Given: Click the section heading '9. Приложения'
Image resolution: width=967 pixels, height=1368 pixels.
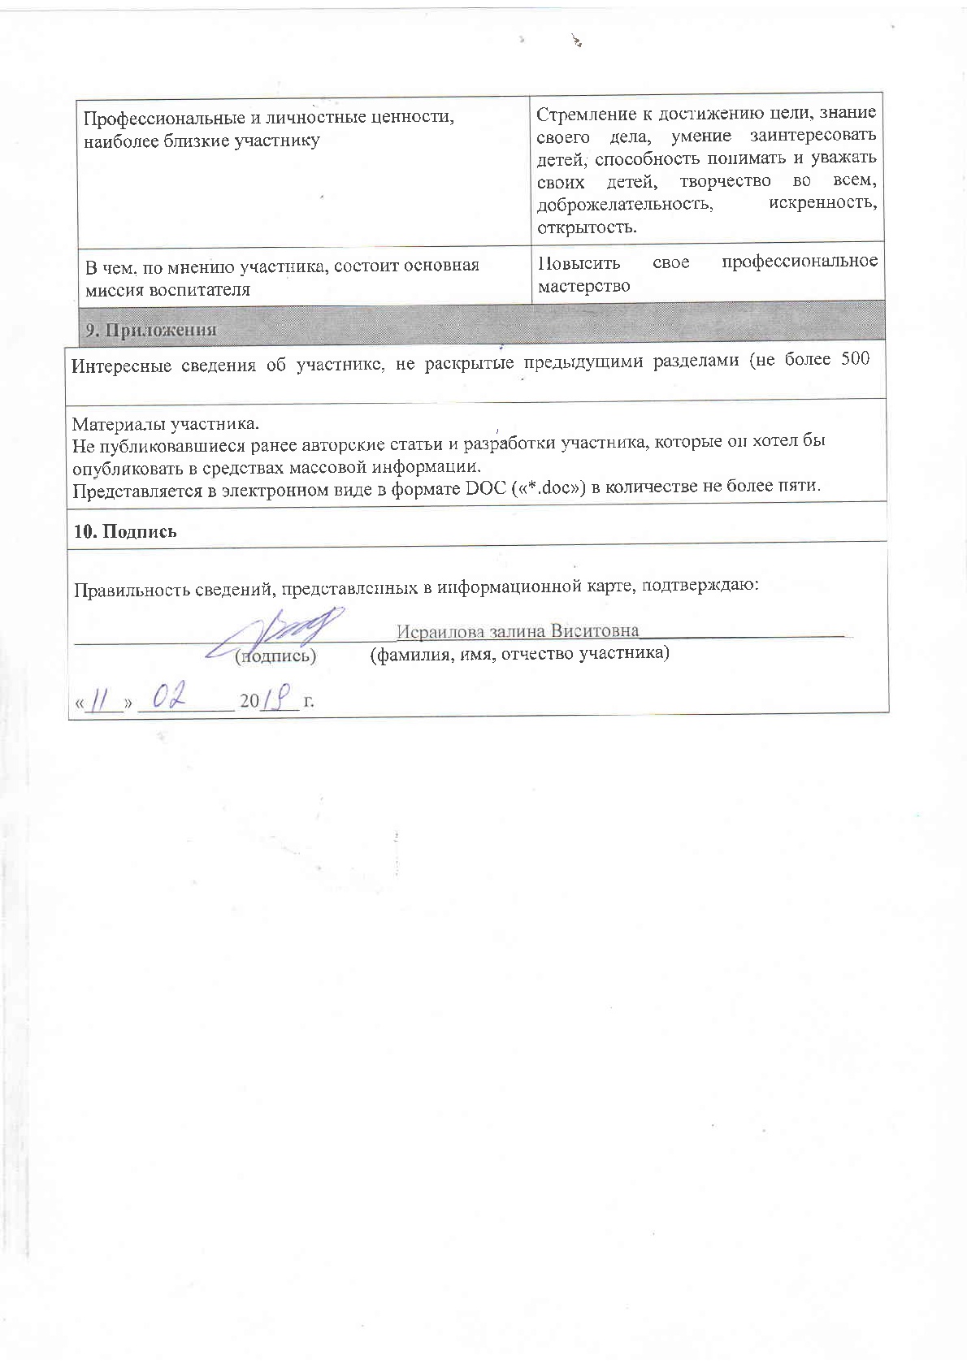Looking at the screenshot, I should [151, 330].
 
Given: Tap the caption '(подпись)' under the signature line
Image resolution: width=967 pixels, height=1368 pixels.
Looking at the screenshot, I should [275, 655].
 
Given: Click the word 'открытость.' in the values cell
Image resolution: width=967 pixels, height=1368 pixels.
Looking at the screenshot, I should [587, 227].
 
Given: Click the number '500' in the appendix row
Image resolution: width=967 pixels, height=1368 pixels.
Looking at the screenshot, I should [855, 361].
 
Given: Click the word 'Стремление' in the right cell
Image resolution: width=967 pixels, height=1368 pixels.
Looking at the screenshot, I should [584, 112].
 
